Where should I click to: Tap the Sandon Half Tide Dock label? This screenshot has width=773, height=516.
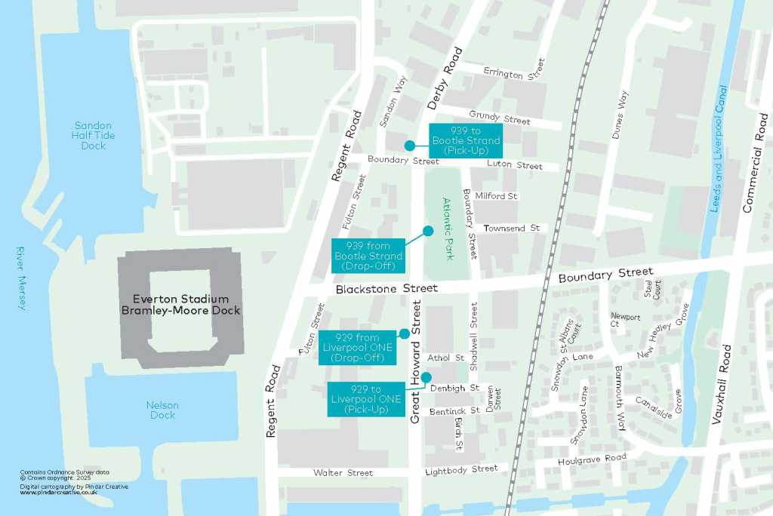pyautogui.click(x=94, y=136)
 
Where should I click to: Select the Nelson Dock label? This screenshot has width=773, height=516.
pyautogui.click(x=162, y=410)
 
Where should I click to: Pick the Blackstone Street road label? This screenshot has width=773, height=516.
pyautogui.click(x=386, y=289)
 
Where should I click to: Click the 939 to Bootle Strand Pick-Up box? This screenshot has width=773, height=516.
pyautogui.click(x=465, y=141)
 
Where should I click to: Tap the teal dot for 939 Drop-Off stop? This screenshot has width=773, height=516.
pyautogui.click(x=428, y=231)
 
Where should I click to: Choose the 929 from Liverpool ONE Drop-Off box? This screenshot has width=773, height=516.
pyautogui.click(x=357, y=347)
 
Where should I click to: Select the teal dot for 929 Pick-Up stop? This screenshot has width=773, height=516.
pyautogui.click(x=426, y=377)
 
